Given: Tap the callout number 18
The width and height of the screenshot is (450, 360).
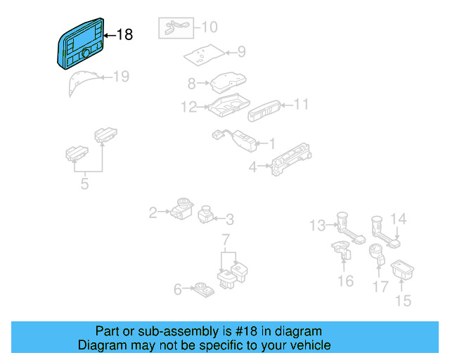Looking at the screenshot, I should click(x=124, y=34).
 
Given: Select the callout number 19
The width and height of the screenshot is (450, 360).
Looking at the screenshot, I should click(x=121, y=77).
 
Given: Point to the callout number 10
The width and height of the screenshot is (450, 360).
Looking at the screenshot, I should click(x=210, y=27).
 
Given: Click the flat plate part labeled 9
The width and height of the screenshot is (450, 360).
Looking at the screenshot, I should click(x=205, y=54).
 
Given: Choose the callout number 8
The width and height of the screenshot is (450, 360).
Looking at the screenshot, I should click(x=191, y=84).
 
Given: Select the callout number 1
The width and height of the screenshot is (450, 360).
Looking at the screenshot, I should click(x=271, y=143).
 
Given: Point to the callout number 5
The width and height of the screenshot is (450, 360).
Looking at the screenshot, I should click(x=84, y=185).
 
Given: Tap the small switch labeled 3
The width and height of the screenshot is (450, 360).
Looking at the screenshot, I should click(x=207, y=213).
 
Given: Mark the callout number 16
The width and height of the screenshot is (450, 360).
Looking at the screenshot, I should click(x=345, y=281).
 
